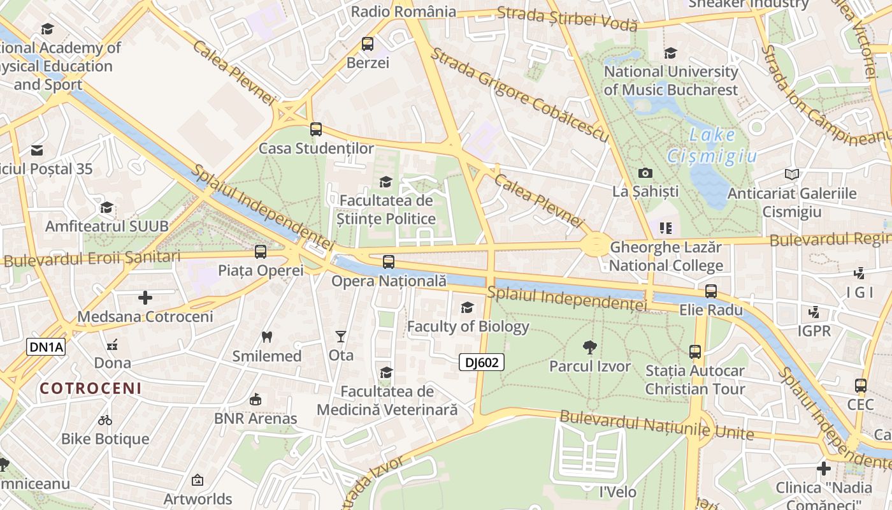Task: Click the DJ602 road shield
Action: tap(482, 363)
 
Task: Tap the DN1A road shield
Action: tap(45, 347)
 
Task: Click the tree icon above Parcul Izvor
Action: tap(590, 347)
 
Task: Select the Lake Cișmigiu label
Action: tap(712, 145)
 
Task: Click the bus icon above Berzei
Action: tap(368, 44)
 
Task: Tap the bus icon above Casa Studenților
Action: tap(316, 129)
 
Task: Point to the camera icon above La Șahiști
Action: tap(645, 173)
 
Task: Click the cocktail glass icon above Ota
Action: tap(341, 336)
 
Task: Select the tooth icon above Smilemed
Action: tap(267, 337)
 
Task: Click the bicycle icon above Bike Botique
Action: tap(105, 420)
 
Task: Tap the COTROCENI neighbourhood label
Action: tap(90, 388)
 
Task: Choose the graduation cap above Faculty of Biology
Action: tap(468, 308)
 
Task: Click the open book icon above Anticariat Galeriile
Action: tap(792, 174)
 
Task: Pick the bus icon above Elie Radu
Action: tap(711, 291)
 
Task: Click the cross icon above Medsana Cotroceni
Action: tap(145, 298)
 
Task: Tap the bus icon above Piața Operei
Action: tap(261, 251)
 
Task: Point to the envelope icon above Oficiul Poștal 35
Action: tap(37, 150)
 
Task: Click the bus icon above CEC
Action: tap(861, 386)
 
